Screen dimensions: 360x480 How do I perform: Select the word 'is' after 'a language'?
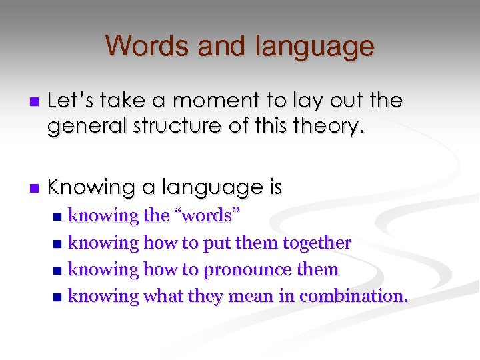pyautogui.click(x=275, y=188)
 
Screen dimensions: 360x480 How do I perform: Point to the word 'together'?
pyautogui.click(x=317, y=243)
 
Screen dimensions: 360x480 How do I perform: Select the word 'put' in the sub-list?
pyautogui.click(x=215, y=243)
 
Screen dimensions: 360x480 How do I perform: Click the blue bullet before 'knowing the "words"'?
pyautogui.click(x=58, y=217)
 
